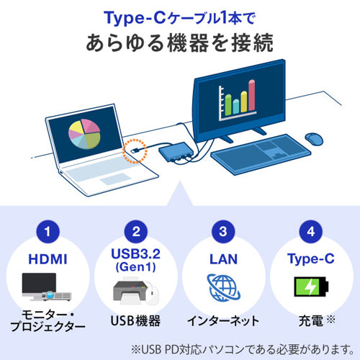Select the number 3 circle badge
[x=223, y=233]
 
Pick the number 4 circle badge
[x=311, y=233]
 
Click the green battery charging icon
[x=310, y=287]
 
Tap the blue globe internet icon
[x=223, y=286]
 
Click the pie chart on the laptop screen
[x=85, y=134]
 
